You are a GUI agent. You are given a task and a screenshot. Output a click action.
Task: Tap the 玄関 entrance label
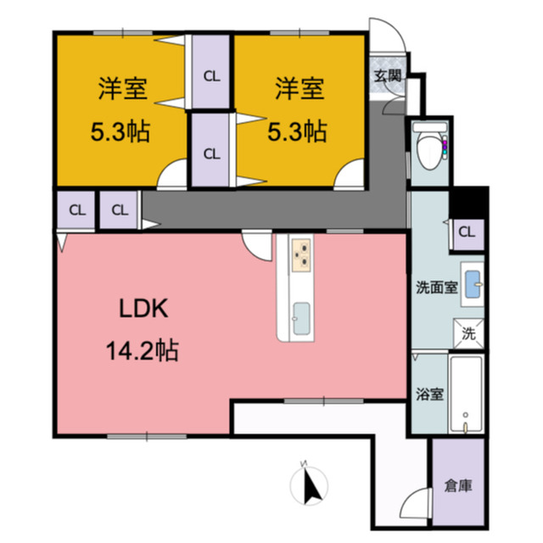388,75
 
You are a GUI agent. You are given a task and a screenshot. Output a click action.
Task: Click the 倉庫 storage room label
457,487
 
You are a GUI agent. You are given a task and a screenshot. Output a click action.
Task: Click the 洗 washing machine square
467,333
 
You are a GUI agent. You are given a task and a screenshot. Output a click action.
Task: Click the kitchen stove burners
301,254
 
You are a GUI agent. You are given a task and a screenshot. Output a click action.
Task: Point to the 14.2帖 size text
143,350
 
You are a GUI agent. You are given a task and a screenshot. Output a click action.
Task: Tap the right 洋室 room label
297,87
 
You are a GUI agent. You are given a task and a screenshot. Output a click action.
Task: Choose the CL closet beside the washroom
467,232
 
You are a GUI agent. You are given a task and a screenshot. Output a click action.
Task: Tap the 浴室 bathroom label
428,394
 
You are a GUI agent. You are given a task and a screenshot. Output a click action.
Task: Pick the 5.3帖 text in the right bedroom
297,132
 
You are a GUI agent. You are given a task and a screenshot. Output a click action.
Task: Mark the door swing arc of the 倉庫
417,502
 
